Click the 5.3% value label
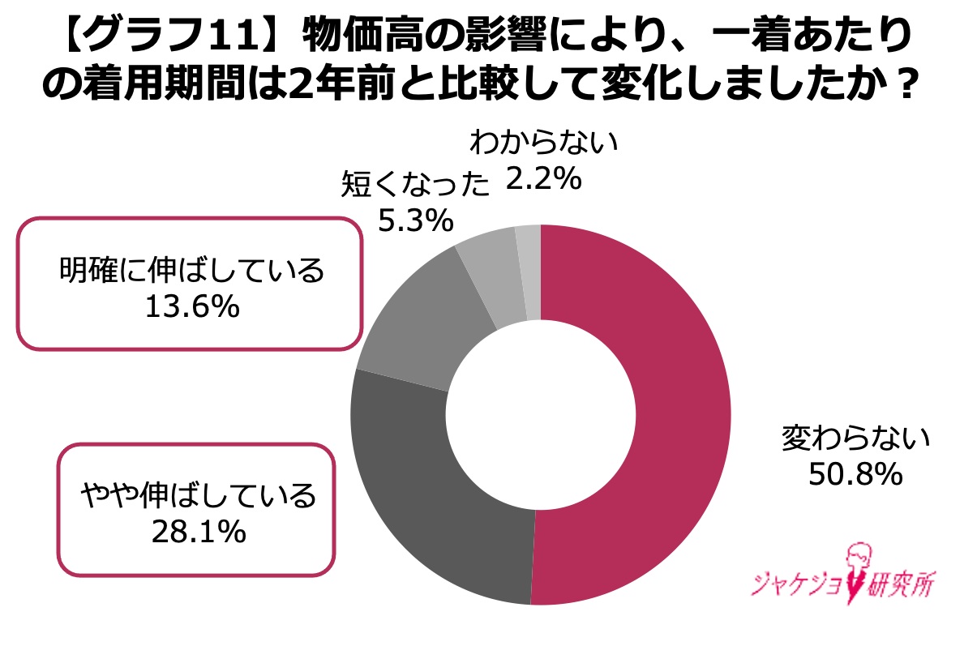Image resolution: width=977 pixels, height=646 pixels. pos(415,219)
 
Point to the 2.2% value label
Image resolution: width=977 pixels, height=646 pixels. pos(543,180)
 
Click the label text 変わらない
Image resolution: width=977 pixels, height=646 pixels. pos(854,439)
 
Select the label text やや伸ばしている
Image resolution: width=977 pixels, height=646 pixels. pos(197,495)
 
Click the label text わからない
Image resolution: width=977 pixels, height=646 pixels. pos(543,145)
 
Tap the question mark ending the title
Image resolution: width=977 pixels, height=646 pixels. pos(909,85)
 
